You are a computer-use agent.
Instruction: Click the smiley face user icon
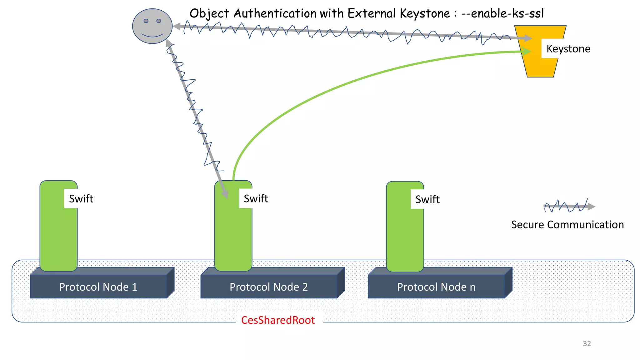152,26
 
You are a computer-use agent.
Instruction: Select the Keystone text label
568,49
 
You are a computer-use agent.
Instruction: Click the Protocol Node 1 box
98,287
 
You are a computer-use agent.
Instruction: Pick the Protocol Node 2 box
269,287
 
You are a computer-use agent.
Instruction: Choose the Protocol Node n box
436,287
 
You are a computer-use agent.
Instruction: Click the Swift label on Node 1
81,199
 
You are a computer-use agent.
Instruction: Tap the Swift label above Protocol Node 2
256,199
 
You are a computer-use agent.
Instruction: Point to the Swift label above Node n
427,199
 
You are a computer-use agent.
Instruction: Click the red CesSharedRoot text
278,320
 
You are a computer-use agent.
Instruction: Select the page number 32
587,343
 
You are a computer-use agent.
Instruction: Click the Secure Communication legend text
567,225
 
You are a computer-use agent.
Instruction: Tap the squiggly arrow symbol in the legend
569,207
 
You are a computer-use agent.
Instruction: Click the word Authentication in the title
275,13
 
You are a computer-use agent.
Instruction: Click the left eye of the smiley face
146,21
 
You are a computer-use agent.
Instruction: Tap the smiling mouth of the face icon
152,35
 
